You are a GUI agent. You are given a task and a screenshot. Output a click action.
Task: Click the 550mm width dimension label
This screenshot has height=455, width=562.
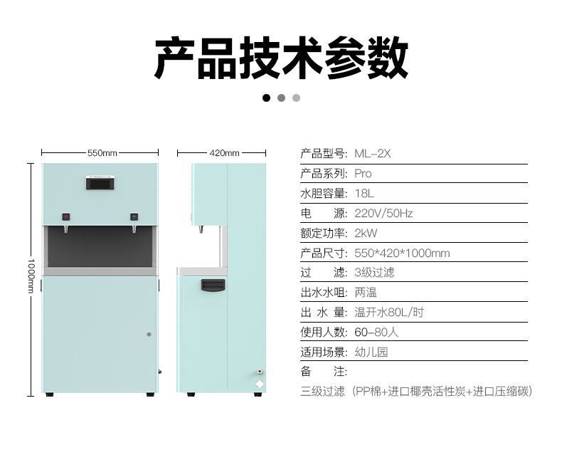[x=102, y=153]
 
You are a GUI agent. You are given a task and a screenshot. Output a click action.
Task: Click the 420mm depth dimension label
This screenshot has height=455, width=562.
[x=224, y=153]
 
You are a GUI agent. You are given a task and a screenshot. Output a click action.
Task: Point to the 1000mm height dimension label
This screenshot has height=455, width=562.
[x=31, y=276]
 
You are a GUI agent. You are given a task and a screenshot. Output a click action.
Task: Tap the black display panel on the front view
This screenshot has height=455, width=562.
[x=100, y=184]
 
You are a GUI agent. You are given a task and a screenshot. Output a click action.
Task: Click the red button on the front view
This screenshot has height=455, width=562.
[x=66, y=216]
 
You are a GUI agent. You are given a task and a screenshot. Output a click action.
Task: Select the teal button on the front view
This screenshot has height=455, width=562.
[x=134, y=216]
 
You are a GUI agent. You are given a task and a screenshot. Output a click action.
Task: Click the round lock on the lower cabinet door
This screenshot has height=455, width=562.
[x=149, y=334]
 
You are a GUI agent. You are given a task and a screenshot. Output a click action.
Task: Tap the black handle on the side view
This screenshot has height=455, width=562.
[x=213, y=286]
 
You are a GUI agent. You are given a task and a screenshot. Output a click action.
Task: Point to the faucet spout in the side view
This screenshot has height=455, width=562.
[x=201, y=229]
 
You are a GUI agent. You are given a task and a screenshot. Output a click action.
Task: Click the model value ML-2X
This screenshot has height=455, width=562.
[x=372, y=154]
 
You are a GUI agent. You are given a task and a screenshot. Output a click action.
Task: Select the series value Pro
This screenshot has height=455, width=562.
[x=363, y=174]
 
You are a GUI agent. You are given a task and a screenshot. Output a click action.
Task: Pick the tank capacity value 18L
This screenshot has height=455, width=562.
[x=364, y=194]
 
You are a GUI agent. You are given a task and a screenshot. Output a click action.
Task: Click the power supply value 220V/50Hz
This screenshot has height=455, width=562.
[x=383, y=214]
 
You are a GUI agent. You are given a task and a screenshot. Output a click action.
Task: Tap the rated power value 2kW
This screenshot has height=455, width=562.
[x=366, y=234]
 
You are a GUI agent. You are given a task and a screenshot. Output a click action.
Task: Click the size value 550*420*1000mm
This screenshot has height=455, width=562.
[x=402, y=253]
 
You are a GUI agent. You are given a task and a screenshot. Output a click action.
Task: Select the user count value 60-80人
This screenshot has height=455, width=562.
[x=376, y=333]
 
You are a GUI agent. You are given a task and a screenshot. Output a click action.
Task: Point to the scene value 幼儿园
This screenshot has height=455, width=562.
[x=371, y=352]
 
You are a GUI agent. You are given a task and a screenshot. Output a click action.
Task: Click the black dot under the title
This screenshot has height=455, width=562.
[x=266, y=98]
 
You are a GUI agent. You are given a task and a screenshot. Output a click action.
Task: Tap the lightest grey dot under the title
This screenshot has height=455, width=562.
[x=296, y=98]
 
